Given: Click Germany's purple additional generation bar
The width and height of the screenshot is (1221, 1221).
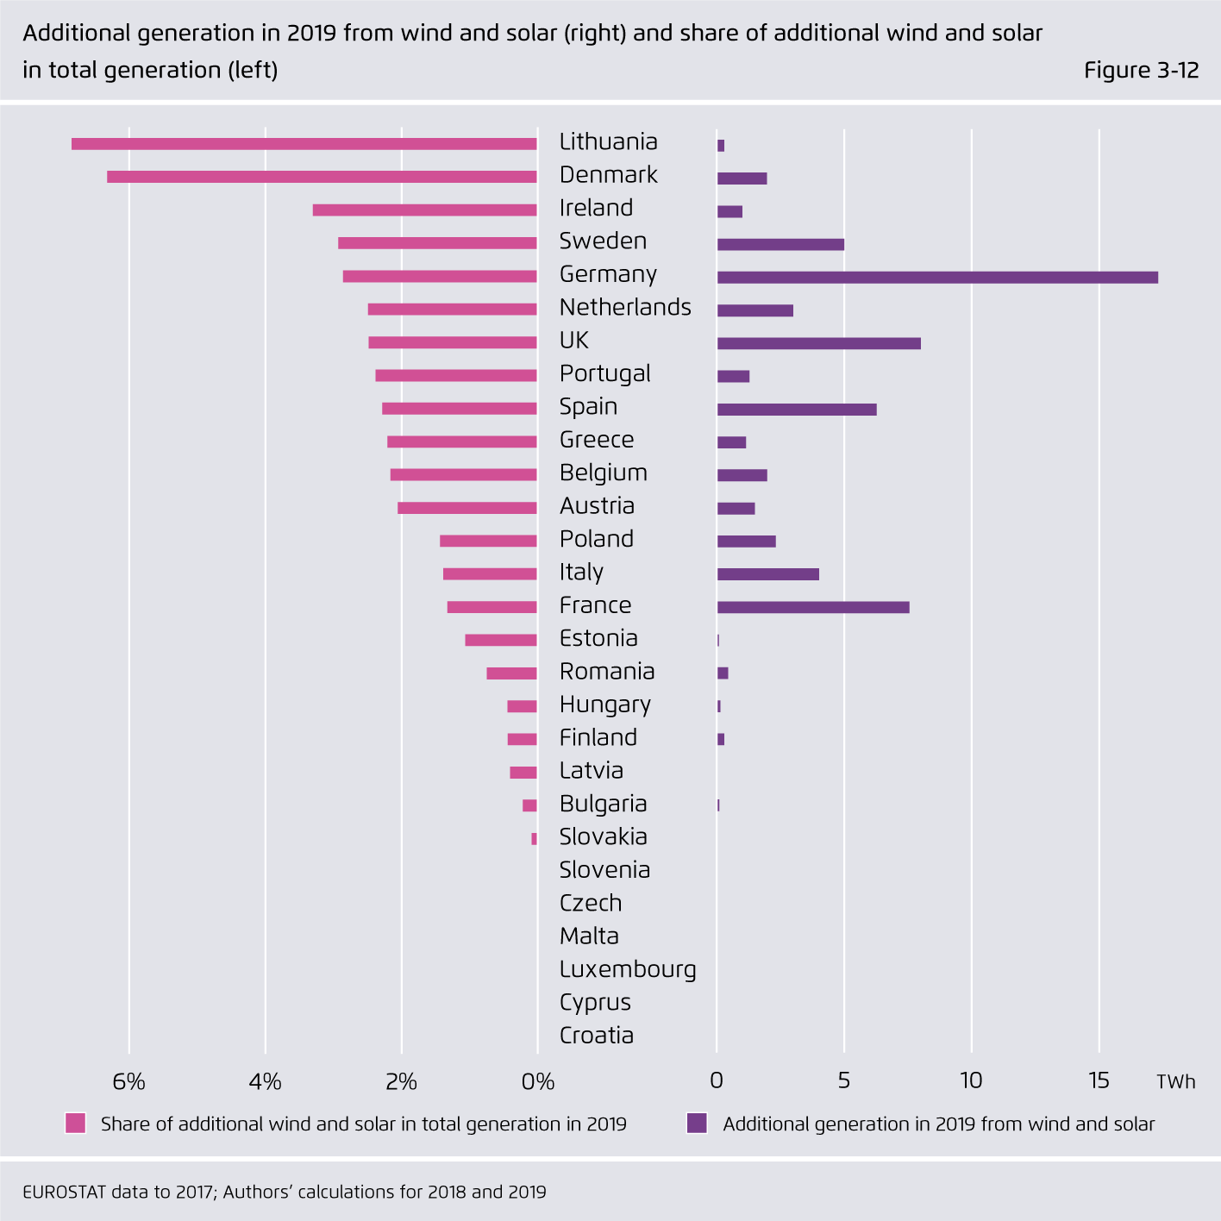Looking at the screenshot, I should click(937, 278).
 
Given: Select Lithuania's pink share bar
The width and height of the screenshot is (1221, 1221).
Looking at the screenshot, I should click(304, 144).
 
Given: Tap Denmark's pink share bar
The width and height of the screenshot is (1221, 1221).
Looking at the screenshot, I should click(322, 177).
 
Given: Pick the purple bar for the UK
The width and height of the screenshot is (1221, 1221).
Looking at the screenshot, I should click(818, 343).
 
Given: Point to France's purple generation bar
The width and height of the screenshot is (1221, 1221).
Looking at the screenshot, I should click(813, 607).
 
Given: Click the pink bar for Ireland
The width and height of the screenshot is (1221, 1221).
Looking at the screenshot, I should click(424, 210).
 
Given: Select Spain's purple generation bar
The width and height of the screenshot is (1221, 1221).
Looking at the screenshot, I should click(797, 410).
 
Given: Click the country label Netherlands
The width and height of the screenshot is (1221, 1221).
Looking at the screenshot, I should click(625, 307).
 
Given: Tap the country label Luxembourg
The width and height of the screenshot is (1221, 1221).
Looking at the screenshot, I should click(628, 969).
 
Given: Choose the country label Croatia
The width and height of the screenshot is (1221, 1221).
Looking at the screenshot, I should click(596, 1036).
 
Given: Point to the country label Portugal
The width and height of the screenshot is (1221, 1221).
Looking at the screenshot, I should click(604, 373).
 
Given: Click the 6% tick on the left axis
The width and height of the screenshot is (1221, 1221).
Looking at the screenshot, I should click(129, 1081).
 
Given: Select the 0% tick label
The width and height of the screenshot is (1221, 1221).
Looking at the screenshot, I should click(538, 1081).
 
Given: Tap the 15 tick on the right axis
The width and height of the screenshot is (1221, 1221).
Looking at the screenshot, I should click(1099, 1080).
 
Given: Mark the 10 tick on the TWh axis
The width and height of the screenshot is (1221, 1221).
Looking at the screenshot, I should click(971, 1080).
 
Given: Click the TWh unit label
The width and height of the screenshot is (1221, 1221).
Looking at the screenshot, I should click(1175, 1082).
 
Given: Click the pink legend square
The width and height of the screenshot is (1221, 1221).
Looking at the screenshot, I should click(76, 1124).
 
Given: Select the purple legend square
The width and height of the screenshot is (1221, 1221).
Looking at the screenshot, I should click(697, 1124).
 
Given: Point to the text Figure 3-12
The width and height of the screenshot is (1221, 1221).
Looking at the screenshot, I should click(1141, 70).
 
